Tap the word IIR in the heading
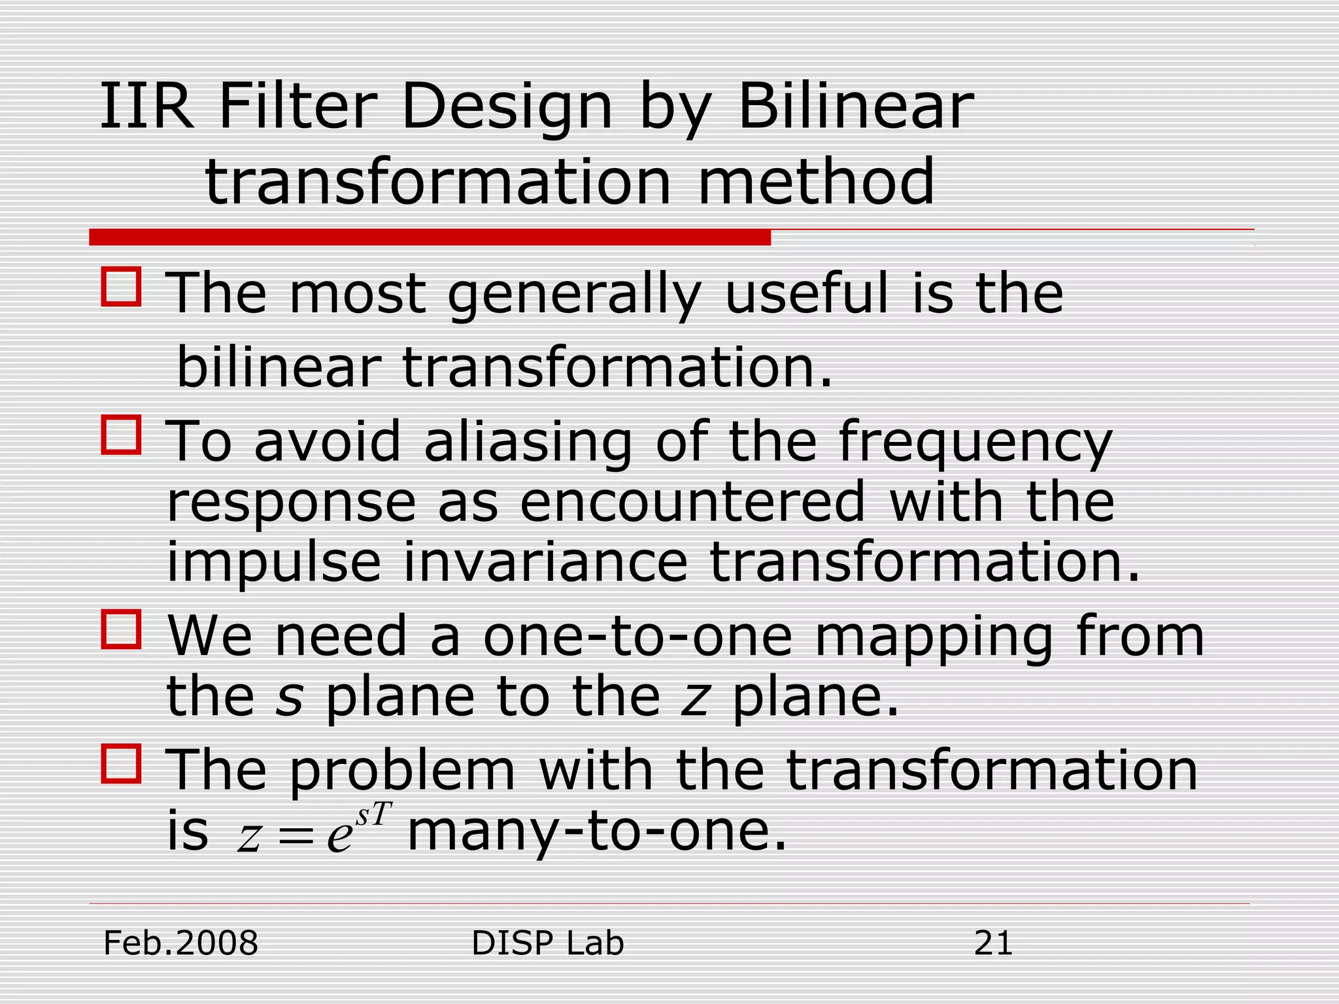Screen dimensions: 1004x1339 point(147,106)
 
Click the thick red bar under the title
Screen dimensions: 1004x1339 point(430,237)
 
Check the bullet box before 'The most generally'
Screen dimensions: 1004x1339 point(121,286)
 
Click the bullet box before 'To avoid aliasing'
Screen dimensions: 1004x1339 point(121,435)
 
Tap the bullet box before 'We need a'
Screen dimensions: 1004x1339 point(121,629)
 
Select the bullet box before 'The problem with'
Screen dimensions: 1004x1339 point(121,763)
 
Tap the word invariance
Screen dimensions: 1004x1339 point(546,562)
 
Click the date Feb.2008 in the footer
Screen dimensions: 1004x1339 point(181,943)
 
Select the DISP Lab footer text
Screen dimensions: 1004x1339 point(547,943)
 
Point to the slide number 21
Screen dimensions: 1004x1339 point(992,943)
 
